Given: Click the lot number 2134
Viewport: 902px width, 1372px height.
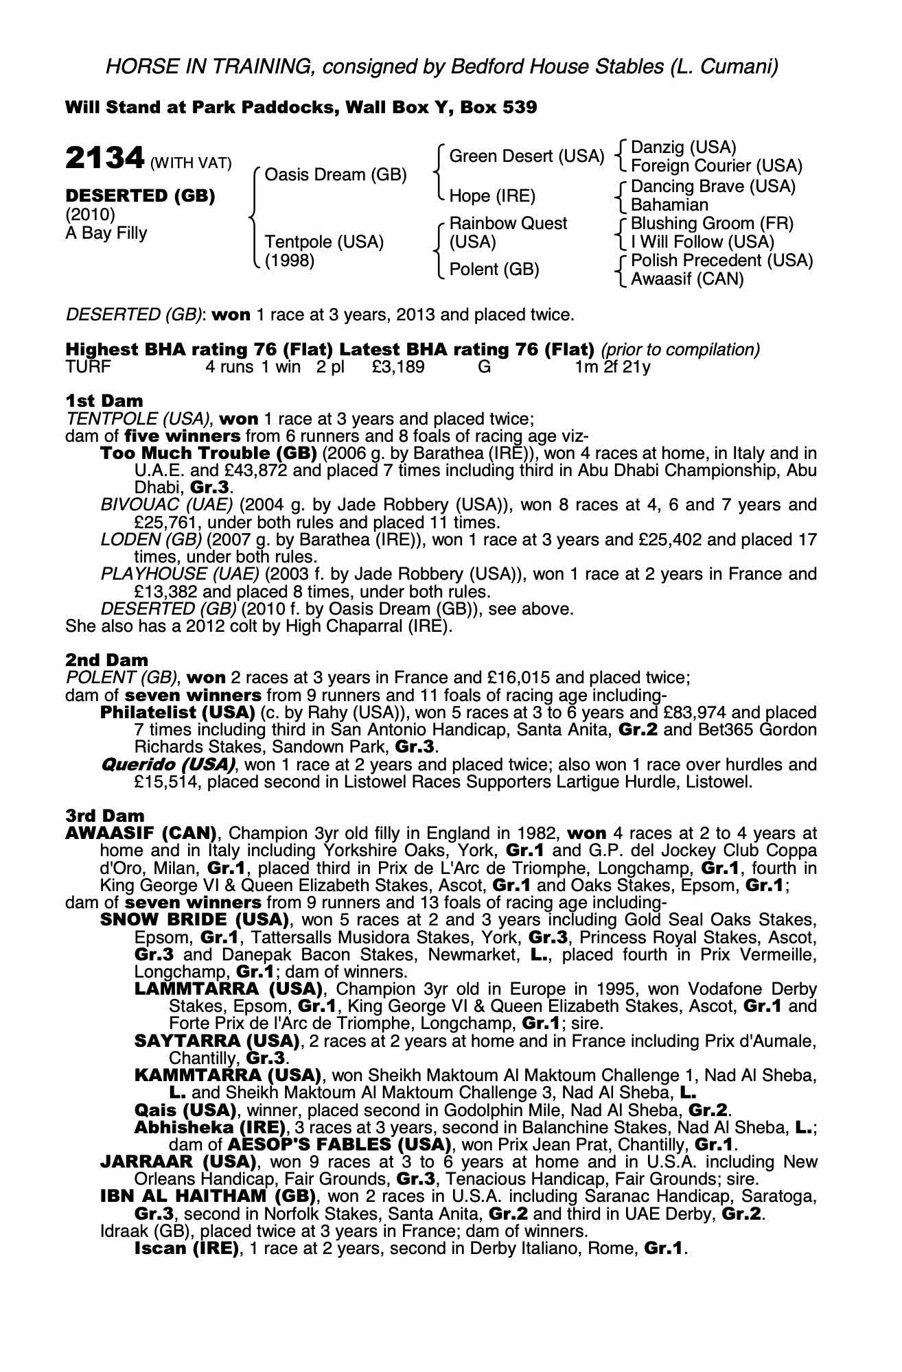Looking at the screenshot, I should coord(104,159).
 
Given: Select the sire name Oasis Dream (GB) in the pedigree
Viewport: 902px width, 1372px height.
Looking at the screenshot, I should coord(335,175).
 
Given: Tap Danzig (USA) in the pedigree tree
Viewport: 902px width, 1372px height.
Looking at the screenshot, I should coord(683,147).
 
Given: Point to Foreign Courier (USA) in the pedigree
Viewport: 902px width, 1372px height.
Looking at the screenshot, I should coord(716,166).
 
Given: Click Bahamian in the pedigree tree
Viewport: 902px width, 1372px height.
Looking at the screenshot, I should coord(669,205).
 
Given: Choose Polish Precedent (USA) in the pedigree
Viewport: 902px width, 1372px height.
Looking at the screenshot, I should coord(721,261).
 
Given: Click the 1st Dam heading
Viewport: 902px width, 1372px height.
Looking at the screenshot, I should coord(104,401).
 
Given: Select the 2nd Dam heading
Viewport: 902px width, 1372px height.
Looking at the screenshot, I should coord(106,660).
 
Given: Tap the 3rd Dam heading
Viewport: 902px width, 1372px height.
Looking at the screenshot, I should coord(105,816).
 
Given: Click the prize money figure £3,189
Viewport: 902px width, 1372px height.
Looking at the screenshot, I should coord(397,367).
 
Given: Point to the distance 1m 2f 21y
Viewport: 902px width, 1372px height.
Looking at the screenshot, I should coord(612,367).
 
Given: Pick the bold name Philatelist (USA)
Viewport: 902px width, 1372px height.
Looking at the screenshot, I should coord(178,712).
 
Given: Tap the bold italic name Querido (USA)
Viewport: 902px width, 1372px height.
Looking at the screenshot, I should coord(168,764).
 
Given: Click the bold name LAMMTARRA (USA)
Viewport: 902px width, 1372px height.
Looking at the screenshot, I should coord(229,989).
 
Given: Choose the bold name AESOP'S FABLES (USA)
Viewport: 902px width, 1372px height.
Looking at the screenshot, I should coord(338,1145).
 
